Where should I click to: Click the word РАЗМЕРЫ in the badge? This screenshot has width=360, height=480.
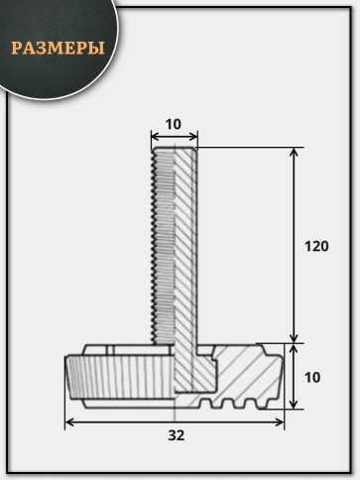(58, 48)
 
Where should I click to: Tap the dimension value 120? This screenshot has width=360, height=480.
(316, 246)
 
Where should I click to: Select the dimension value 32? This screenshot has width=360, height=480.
(177, 435)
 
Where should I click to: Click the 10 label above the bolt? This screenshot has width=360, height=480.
(174, 124)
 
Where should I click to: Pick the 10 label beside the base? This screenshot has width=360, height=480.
(312, 377)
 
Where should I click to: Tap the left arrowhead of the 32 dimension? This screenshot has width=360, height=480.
(69, 422)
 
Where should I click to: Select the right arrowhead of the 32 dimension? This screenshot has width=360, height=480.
(280, 422)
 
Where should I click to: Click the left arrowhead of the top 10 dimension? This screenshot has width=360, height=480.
(156, 136)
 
